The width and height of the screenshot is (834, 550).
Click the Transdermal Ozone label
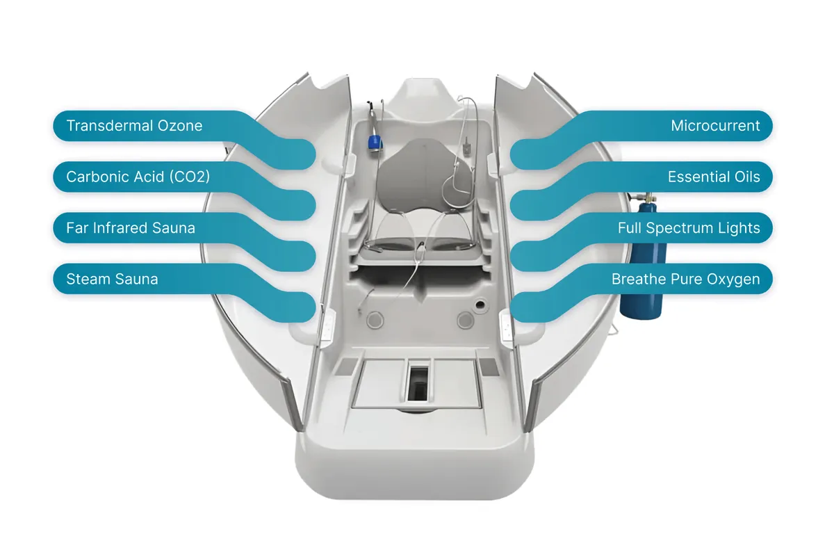tap(134, 126)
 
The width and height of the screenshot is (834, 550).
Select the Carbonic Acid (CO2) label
tap(138, 177)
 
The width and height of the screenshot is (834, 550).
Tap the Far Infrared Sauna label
tap(131, 228)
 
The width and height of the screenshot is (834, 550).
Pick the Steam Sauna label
tap(112, 279)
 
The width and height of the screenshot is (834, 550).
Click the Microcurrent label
tap(715, 126)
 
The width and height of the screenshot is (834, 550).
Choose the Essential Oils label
tap(714, 177)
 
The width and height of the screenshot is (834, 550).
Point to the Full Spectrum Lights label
tap(689, 228)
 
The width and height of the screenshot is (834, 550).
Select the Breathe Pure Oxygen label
tap(685, 279)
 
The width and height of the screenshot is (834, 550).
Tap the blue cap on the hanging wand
tap(375, 143)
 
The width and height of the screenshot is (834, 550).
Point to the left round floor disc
tap(375, 320)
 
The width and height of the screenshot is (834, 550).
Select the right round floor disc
tap(466, 320)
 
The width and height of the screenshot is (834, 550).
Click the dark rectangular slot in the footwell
tap(418, 384)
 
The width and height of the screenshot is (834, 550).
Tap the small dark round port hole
tap(480, 305)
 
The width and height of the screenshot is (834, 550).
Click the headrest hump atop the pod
tap(425, 95)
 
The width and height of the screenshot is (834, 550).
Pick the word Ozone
tap(180, 126)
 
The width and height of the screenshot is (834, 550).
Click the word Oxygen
tap(733, 280)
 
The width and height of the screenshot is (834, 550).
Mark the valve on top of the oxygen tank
tap(648, 197)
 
